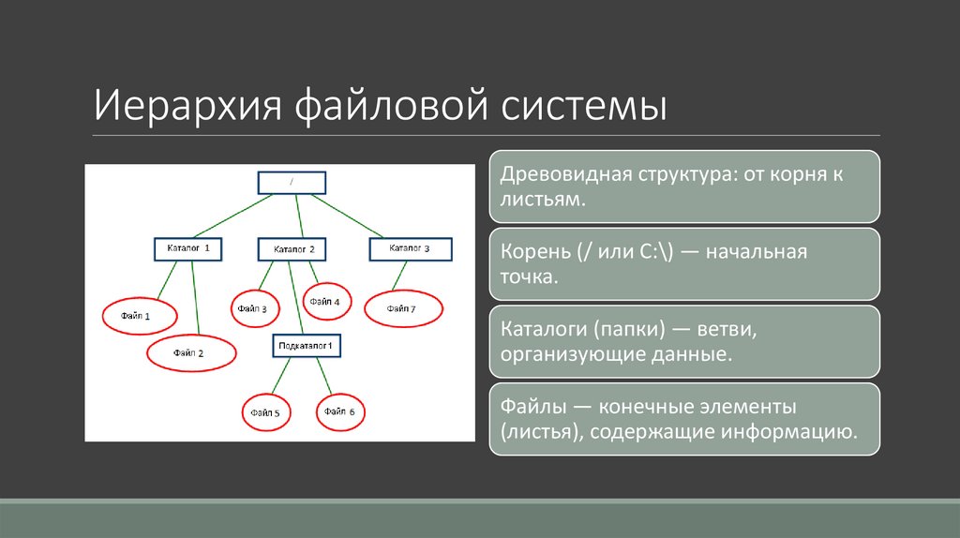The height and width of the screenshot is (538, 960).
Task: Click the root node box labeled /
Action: point(292,183)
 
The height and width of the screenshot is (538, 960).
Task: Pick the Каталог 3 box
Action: point(410,248)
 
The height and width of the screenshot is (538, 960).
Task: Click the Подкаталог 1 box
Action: point(307,346)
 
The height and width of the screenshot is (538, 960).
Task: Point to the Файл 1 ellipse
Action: point(136,316)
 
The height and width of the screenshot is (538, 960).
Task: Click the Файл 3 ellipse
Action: point(252,307)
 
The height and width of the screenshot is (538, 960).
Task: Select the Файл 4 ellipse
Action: point(325,302)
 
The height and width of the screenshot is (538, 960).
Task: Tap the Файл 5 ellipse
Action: point(265,411)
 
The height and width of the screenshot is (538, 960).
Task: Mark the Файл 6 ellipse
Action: point(339,411)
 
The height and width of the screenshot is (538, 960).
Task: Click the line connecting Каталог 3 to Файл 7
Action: point(399,275)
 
